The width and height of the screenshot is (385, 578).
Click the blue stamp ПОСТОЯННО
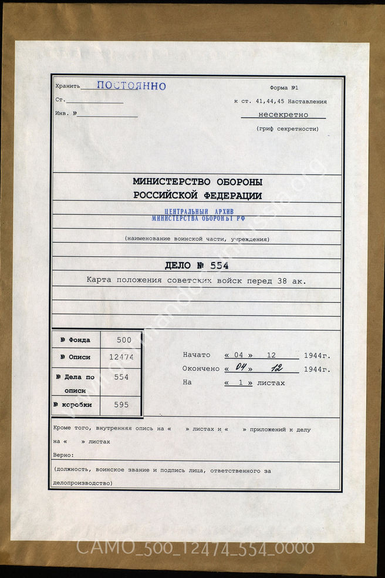pyautogui.click(x=131, y=86)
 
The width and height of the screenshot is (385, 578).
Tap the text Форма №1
pyautogui.click(x=284, y=88)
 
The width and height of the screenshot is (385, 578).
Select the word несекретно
pyautogui.click(x=283, y=115)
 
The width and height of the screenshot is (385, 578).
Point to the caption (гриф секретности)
pyautogui.click(x=288, y=129)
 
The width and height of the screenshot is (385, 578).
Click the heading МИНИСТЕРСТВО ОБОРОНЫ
pyautogui.click(x=197, y=182)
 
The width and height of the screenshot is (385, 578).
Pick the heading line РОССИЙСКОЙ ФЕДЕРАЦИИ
pyautogui.click(x=197, y=196)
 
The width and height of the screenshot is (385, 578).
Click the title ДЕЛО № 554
pyautogui.click(x=197, y=266)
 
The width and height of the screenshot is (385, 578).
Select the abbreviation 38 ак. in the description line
pyautogui.click(x=291, y=281)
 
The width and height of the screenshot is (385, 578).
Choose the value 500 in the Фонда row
pyautogui.click(x=120, y=340)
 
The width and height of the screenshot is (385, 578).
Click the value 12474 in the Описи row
pyautogui.click(x=120, y=357)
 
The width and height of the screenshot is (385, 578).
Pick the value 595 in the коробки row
pyautogui.click(x=120, y=405)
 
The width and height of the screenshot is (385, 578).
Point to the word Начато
pyautogui.click(x=196, y=355)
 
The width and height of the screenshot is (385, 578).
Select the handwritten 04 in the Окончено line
pyautogui.click(x=239, y=368)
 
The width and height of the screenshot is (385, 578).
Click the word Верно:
pyautogui.click(x=63, y=455)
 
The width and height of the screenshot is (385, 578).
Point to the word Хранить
pyautogui.click(x=66, y=86)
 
